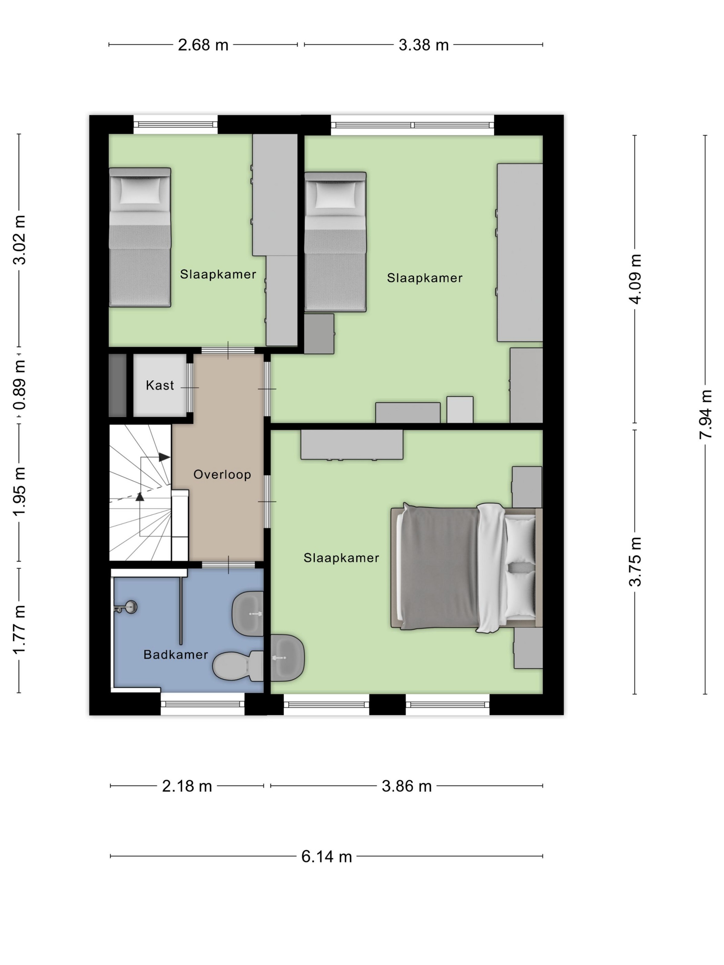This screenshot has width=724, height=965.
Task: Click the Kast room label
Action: [x=160, y=385]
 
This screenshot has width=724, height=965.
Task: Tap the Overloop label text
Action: [x=222, y=475]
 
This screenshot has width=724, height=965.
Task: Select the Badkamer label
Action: [x=175, y=654]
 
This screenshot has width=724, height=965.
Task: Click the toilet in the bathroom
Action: [x=238, y=666]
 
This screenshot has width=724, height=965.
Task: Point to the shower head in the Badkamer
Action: [x=126, y=607]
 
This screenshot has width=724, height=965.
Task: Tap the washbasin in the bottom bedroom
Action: [x=287, y=658]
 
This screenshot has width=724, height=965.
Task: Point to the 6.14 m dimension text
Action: [x=326, y=856]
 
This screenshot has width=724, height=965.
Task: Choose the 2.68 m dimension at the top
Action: [x=203, y=44]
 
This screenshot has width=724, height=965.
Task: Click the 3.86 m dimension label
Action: [x=407, y=786]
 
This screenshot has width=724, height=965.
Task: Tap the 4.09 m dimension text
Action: [x=635, y=279]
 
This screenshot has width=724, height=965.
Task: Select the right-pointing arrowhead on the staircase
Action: [x=164, y=457]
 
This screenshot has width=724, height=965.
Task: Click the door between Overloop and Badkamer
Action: [x=228, y=565]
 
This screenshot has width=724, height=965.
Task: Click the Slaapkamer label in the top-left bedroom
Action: [x=218, y=274]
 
